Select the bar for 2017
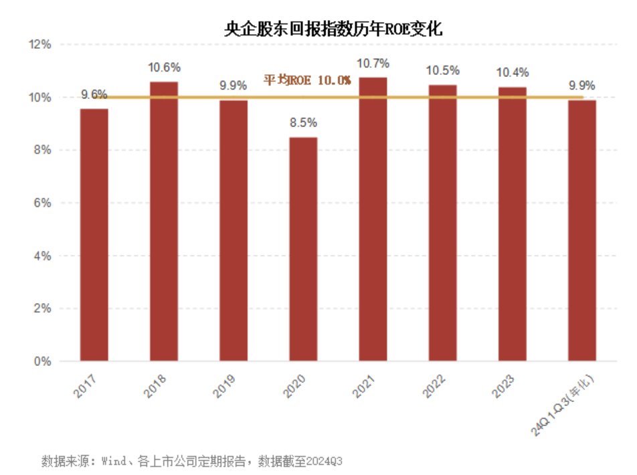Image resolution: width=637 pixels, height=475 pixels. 94,234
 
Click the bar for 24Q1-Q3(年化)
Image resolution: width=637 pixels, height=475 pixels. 582,230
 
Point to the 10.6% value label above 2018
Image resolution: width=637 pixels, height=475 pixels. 164,68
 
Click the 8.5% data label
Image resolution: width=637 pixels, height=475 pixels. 303,123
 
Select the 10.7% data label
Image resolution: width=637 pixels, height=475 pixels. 373,64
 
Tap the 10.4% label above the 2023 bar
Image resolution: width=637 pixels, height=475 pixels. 512,73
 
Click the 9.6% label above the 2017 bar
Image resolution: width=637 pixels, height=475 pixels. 94,94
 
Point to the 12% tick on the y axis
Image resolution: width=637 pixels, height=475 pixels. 40,45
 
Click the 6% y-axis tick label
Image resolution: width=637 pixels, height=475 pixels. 42,203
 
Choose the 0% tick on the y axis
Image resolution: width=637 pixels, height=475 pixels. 42,361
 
